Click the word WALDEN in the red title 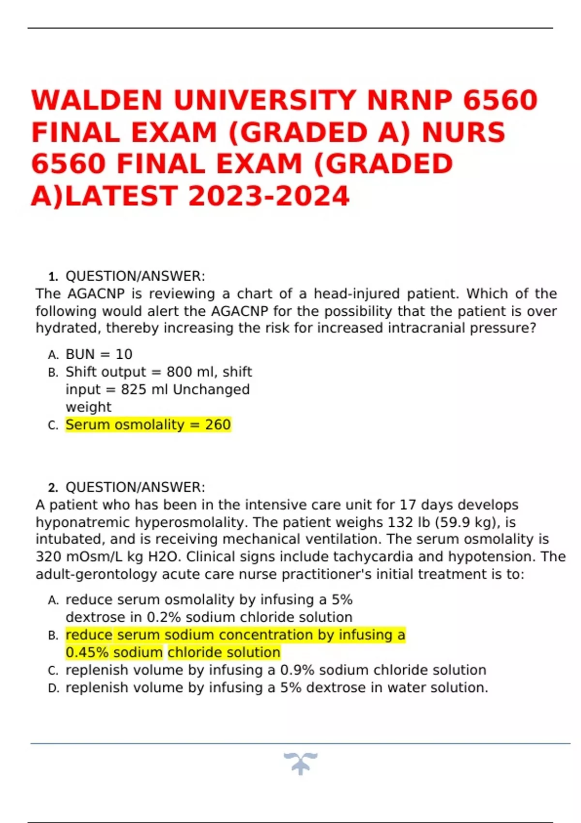click(97, 100)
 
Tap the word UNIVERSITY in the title click(265, 100)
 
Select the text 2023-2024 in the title click(269, 196)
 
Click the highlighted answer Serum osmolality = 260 click(148, 425)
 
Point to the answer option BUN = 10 click(99, 354)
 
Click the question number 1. click(53, 277)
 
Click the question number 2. click(53, 488)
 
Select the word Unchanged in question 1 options click(211, 389)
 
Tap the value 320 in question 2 click(48, 557)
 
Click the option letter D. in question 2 click(53, 688)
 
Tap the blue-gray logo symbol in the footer click(301, 763)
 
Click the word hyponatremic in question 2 click(83, 522)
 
